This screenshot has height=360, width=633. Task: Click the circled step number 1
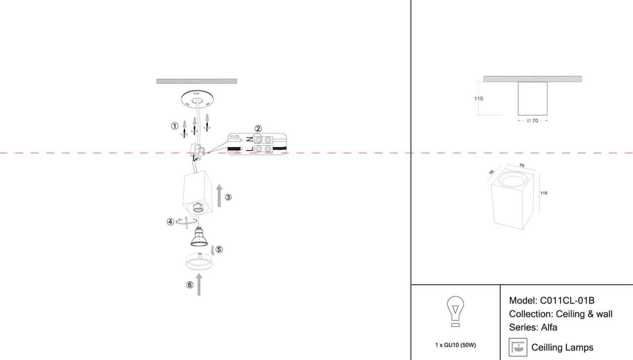(175, 126)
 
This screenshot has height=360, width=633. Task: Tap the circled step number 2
(258, 129)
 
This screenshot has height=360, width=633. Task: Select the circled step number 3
(228, 197)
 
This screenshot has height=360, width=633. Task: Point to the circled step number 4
(170, 222)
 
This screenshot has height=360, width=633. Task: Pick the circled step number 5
(219, 250)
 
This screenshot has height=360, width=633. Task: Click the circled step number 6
(190, 285)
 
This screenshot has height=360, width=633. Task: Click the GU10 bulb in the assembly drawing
(199, 236)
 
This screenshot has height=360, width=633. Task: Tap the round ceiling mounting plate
(197, 100)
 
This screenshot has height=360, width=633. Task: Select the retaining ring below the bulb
(199, 262)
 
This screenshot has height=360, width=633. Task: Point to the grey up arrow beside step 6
(199, 284)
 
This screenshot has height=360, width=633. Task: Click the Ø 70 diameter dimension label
(533, 121)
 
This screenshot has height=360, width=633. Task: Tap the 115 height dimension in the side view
(478, 98)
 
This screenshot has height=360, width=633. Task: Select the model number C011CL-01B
(567, 300)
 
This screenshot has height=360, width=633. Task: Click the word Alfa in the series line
(549, 327)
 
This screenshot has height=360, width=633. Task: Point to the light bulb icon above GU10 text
(455, 312)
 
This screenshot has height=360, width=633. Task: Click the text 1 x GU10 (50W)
(455, 345)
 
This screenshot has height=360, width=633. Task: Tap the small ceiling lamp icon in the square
(518, 347)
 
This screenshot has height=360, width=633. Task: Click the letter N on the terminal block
(250, 139)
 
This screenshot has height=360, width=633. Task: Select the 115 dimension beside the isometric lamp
(543, 193)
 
